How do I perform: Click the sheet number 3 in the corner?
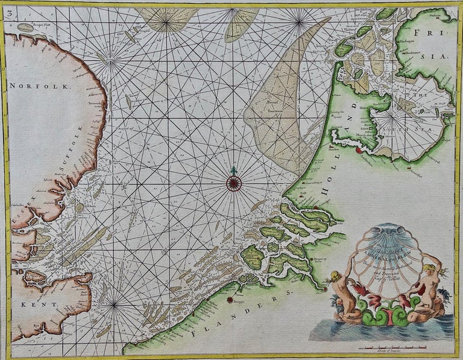(x=7, y=9)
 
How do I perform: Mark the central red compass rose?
(x=234, y=182)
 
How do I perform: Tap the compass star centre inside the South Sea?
(x=395, y=114)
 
